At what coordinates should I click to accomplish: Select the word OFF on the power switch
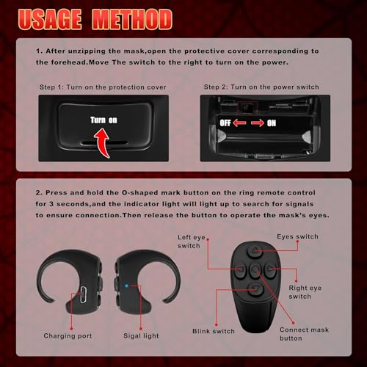[x=224, y=123]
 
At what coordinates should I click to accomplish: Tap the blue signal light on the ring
[x=147, y=283]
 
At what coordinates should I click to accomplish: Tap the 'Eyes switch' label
[x=297, y=237]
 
